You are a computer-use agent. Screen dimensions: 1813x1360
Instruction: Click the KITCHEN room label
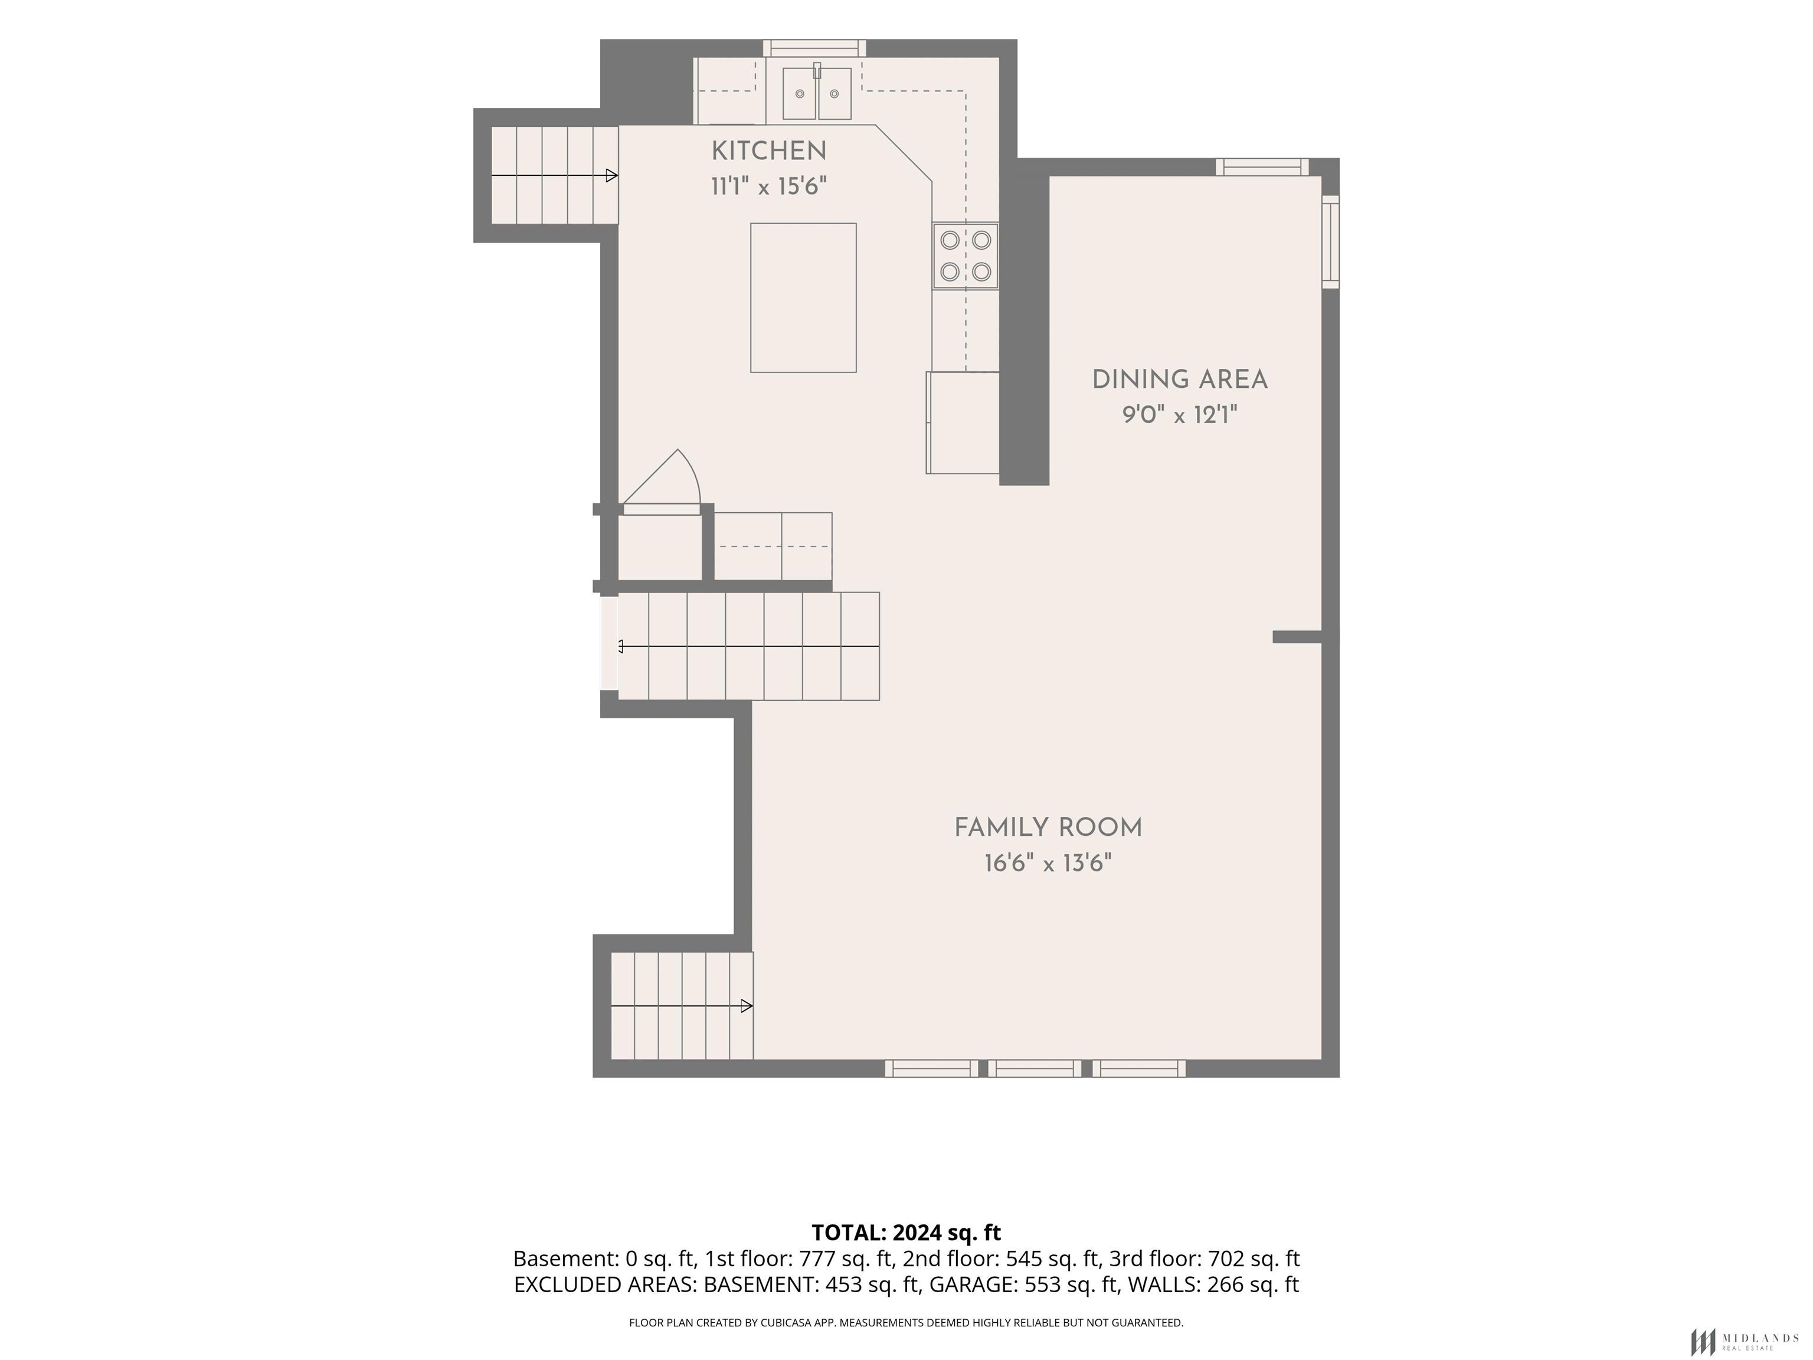(x=769, y=151)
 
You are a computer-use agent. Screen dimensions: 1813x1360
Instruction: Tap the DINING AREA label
(x=1179, y=380)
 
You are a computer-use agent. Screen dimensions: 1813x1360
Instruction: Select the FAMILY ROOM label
(x=1048, y=828)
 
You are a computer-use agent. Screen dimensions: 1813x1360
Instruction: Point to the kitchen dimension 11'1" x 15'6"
(x=769, y=187)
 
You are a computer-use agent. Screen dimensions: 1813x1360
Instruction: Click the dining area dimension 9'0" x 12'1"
(x=1179, y=416)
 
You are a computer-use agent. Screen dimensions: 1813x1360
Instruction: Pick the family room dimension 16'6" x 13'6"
(x=1048, y=864)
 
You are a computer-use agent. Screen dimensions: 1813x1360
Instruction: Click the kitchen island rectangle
(x=803, y=297)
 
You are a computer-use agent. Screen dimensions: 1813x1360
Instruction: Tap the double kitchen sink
(x=816, y=93)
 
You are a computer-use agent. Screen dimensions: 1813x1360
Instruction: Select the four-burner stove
(x=966, y=256)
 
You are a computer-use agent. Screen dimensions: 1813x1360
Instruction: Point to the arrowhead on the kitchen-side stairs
(x=611, y=175)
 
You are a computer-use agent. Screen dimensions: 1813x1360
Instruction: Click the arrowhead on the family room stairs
(x=747, y=1006)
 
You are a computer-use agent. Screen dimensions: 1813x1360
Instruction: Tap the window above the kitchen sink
(x=814, y=48)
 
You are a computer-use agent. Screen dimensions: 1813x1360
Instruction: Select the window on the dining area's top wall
(x=1261, y=167)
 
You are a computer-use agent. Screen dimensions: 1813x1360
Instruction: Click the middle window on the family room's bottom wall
(x=1035, y=1068)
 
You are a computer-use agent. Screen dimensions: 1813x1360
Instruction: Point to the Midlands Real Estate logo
(x=1743, y=1342)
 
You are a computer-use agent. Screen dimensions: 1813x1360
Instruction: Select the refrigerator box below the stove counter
(x=963, y=422)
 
